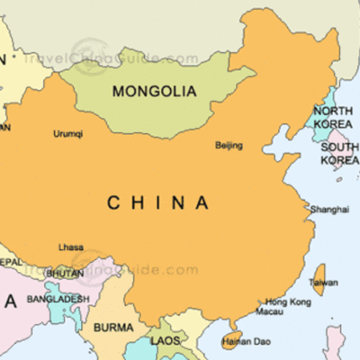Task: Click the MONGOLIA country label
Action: [x=154, y=91]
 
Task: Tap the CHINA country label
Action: [x=157, y=203]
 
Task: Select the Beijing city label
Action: [x=229, y=145]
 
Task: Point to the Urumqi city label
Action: [x=68, y=134]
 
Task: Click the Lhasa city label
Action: [x=71, y=247]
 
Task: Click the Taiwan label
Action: [x=324, y=283]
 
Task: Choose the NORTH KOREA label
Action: [x=334, y=117]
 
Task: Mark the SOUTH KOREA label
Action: [x=339, y=153]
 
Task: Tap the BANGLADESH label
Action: [x=58, y=299]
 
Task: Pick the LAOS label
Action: [x=166, y=341]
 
